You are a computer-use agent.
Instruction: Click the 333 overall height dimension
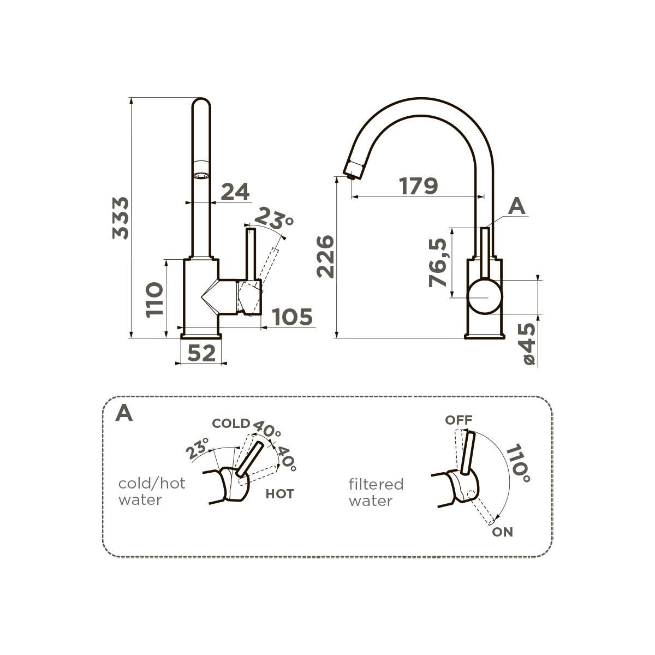coord(121,218)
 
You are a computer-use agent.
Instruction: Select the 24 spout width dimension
coord(235,192)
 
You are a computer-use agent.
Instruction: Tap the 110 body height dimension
coord(154,300)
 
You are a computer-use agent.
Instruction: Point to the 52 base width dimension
coord(201,353)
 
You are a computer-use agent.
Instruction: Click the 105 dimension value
coord(293,317)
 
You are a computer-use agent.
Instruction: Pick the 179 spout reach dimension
coord(419,186)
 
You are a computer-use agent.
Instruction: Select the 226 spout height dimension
coord(325,257)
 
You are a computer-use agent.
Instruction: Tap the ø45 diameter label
coord(529,344)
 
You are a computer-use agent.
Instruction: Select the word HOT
coord(280,494)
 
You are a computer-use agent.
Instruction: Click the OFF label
coord(459,420)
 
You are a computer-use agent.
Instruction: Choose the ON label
coord(502,532)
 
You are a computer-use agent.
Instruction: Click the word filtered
coord(376,484)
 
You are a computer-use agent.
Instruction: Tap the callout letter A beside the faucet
coord(517,206)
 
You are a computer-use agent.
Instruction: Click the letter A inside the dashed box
coord(124,413)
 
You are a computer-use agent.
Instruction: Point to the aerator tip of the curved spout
coord(352,175)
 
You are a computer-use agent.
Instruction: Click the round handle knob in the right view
coord(485,296)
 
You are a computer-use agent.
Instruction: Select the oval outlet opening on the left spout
coord(201,176)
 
